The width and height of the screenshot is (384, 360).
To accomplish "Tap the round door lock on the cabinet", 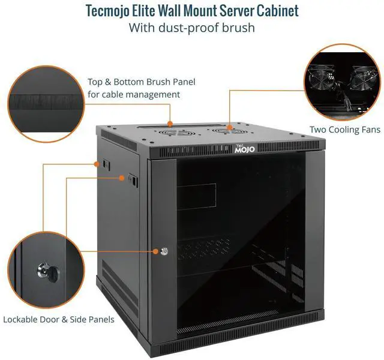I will point(164,252).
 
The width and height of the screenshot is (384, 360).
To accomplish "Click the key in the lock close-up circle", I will point(47,271).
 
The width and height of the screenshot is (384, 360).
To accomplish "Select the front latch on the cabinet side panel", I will point(132,178).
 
